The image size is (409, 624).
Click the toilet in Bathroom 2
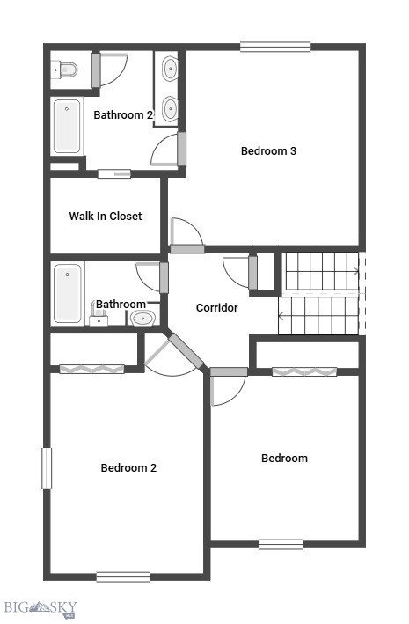(64, 69)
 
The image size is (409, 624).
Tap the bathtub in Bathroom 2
(67, 127)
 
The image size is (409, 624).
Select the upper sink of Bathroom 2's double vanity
(169, 69)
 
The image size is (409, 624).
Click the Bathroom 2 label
(123, 114)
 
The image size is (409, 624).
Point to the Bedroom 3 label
(268, 151)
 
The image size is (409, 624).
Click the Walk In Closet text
(106, 217)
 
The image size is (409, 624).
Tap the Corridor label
(216, 308)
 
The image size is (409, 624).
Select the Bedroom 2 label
(128, 468)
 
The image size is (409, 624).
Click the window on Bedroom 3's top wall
(275, 47)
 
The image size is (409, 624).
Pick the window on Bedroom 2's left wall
(47, 468)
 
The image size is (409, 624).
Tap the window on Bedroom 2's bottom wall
(123, 576)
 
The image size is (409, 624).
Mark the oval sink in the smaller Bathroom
(142, 318)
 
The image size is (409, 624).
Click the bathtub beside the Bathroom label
(67, 293)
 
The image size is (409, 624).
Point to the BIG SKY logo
(40, 607)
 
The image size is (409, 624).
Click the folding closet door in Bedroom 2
(91, 369)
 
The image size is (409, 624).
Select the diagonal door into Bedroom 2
(186, 350)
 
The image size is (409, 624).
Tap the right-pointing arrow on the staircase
(355, 271)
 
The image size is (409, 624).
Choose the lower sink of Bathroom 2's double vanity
(169, 108)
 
